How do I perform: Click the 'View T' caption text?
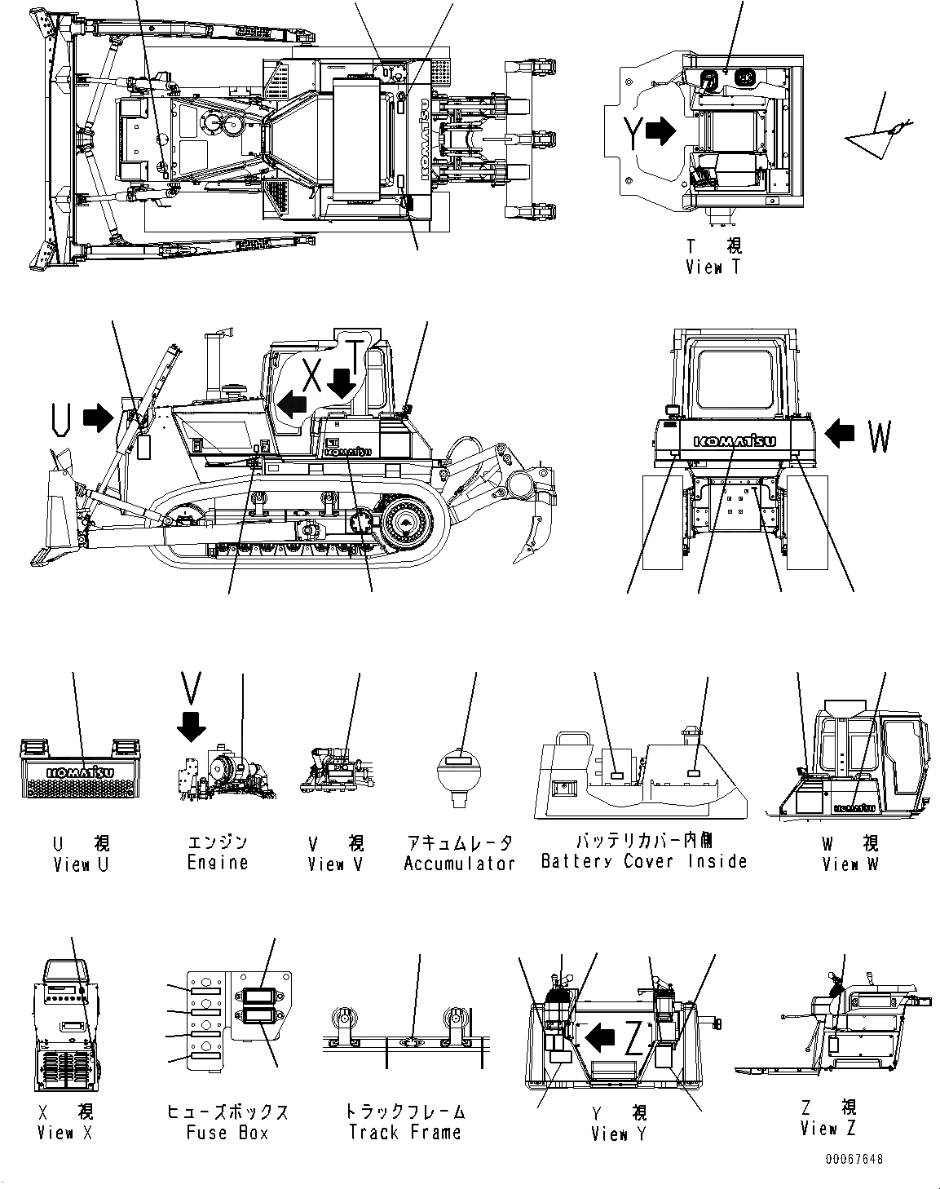(713, 267)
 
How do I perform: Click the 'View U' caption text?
(81, 864)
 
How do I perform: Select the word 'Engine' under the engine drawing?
(217, 863)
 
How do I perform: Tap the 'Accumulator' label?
(460, 863)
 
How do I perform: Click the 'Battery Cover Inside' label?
(644, 861)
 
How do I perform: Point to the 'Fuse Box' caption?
(227, 1133)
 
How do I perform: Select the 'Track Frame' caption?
(404, 1133)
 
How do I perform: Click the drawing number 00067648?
(853, 1159)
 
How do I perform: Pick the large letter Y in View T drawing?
(633, 133)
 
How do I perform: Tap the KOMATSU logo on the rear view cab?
(735, 441)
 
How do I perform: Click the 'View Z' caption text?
(828, 1129)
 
